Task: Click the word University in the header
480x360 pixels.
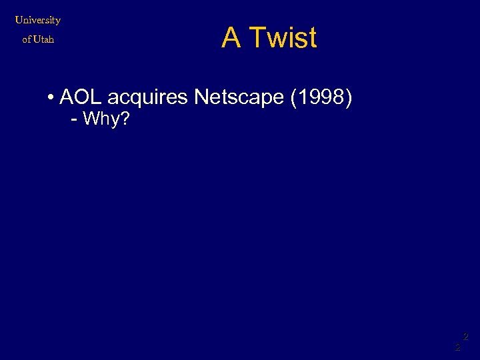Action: click(38, 20)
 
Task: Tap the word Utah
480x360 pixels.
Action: click(43, 39)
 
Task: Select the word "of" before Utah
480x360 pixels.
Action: click(27, 39)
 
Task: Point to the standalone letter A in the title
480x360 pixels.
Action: click(231, 38)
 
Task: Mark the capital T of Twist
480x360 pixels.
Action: click(257, 38)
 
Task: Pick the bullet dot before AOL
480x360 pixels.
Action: click(51, 99)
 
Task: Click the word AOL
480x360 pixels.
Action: click(81, 97)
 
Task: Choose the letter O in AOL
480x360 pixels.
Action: click(81, 97)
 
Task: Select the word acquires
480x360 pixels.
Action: click(148, 99)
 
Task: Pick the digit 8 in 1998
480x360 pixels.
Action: click(337, 97)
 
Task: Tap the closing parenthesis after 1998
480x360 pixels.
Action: click(348, 98)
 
